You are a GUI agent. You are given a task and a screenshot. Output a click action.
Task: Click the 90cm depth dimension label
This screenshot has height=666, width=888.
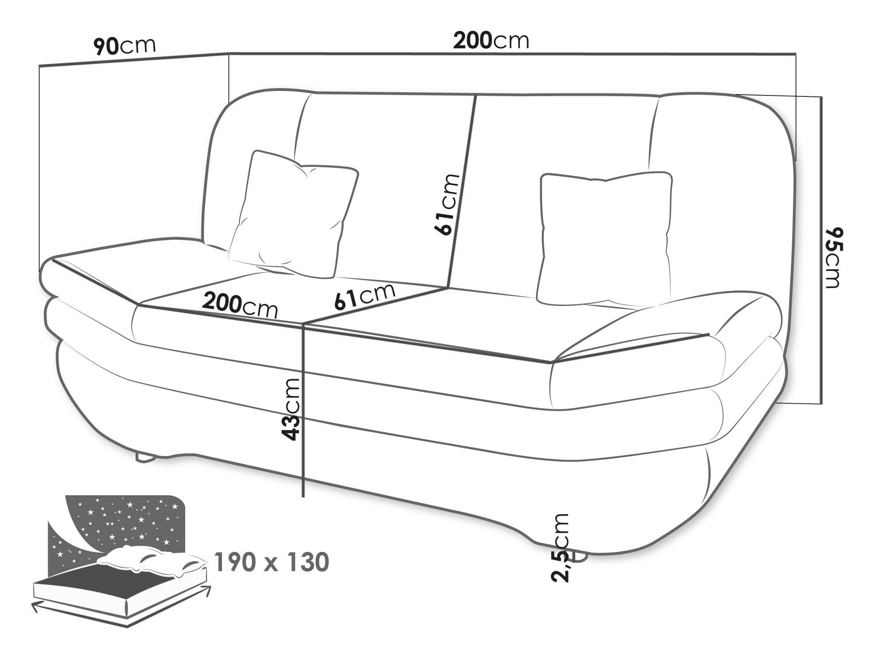125,46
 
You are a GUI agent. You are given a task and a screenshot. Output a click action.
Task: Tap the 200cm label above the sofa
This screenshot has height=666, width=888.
491,41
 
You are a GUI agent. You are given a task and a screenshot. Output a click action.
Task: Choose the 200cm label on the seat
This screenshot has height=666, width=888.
240,306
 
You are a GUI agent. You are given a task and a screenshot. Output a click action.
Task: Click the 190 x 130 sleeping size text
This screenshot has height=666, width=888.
272,562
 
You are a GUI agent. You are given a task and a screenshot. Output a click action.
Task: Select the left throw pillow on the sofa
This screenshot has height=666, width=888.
293,214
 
